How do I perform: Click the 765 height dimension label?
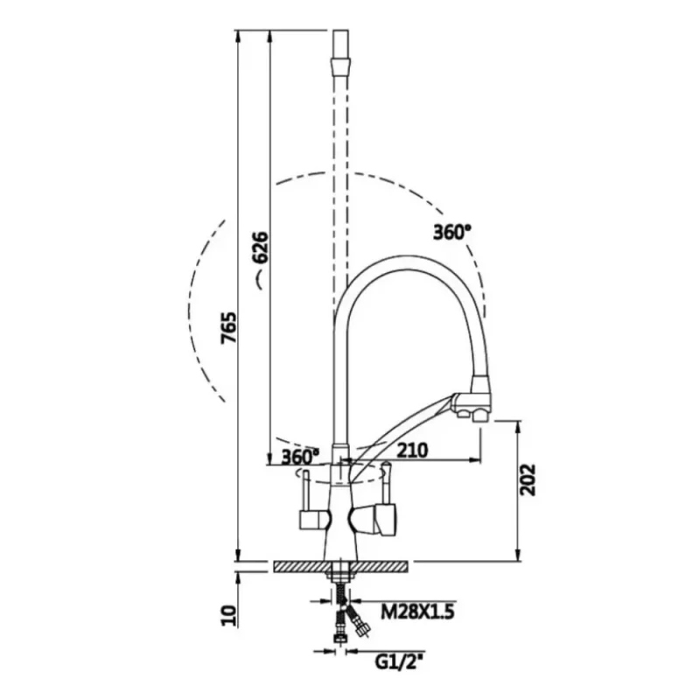coord(229,327)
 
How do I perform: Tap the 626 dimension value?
coord(261,248)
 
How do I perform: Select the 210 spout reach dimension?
coord(412,450)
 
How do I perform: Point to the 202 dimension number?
coord(528,479)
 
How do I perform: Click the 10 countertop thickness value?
coord(228,616)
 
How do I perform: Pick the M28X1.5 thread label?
coord(417,612)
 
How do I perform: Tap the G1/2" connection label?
coord(399,663)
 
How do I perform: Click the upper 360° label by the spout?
coord(451,232)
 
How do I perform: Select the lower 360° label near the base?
coord(300,456)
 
